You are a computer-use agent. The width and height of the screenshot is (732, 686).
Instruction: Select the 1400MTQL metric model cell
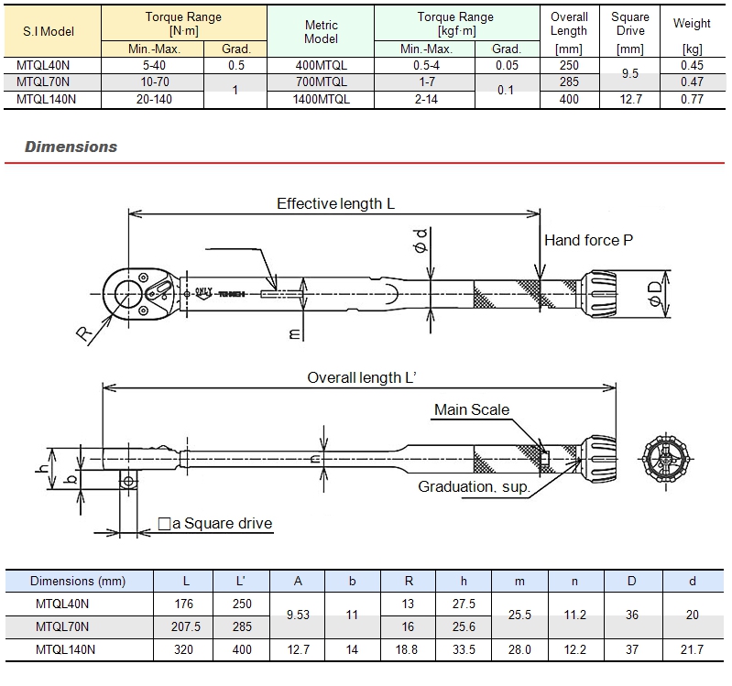coord(321,99)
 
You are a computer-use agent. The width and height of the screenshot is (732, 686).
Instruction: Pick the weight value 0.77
coord(692,99)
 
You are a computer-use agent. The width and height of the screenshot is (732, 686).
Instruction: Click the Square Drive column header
coord(629,24)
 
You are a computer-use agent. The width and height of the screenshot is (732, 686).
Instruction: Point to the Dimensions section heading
coord(71,147)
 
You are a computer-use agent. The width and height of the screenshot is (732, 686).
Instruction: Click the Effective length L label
coord(335,203)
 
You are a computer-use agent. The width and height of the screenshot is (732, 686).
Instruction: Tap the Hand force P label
coord(588,241)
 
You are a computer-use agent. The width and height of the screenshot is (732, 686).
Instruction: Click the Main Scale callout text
coord(471,409)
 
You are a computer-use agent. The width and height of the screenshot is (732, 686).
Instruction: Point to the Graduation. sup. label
coord(474,486)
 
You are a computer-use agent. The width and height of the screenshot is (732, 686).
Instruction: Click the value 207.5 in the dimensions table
coord(186,626)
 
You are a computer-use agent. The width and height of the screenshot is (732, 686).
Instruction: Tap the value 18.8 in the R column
coord(409,649)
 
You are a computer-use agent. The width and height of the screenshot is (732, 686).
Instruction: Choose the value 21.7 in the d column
coord(693,649)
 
